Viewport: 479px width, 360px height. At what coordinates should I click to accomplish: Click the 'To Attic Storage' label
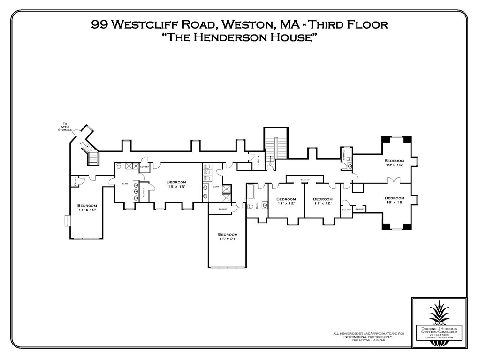pos(65,127)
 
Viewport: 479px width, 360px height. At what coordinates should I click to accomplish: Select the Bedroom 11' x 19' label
pos(87,208)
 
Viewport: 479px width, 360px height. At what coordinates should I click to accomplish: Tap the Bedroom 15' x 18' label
pos(176,184)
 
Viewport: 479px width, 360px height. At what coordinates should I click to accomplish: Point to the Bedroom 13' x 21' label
pos(228,236)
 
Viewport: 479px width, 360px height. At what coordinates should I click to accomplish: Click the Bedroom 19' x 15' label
pos(394,162)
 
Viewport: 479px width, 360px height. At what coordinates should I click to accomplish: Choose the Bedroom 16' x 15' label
pos(394,200)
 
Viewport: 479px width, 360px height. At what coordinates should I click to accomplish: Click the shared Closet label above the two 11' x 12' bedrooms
pos(304,180)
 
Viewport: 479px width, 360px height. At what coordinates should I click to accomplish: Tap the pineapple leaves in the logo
pos(439,311)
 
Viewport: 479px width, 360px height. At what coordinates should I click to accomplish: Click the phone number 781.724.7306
pos(439,334)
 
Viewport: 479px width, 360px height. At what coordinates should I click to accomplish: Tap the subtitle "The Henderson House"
pos(239,38)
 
